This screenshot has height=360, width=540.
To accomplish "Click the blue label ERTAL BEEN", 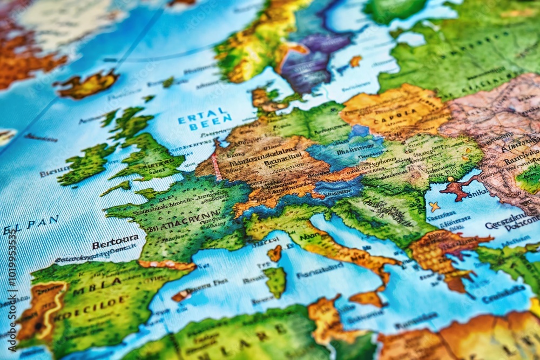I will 205,122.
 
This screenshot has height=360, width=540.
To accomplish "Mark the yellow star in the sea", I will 434,207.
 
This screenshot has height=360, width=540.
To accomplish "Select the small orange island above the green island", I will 275,253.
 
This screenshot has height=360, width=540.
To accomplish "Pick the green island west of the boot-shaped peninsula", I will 276,281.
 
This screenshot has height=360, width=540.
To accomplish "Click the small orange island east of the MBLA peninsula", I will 182,295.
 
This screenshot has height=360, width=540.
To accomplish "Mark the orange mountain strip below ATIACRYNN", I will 167,265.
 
